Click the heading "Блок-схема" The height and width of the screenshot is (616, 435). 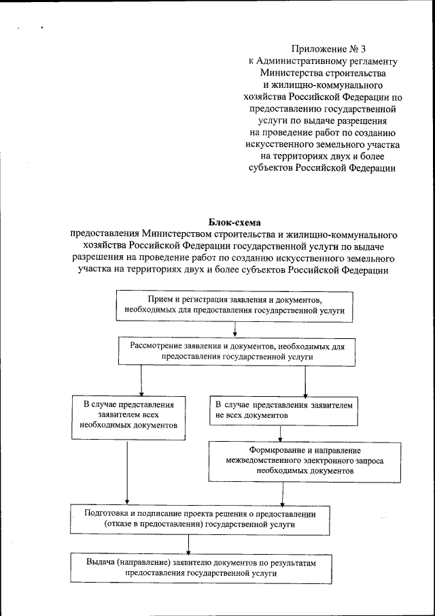(x=234, y=222)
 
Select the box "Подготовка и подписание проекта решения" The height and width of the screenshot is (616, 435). (x=205, y=519)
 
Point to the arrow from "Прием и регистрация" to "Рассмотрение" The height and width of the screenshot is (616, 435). (x=234, y=329)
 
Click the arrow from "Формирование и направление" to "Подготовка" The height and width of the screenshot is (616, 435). (x=281, y=491)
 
